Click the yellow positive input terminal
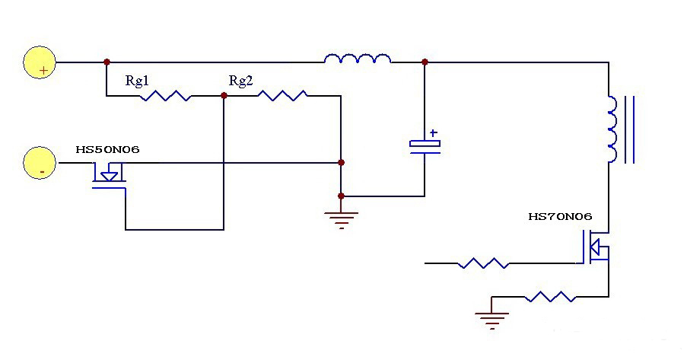coord(39,62)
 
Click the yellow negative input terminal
coord(39,164)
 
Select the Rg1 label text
coord(138,80)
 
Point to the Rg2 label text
coord(240,80)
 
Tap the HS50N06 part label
coord(107,149)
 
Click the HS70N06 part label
coord(560,217)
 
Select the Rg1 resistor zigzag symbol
coord(167,96)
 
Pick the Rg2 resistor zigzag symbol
coord(282,96)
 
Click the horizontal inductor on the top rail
coord(357,59)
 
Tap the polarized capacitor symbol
coord(425,146)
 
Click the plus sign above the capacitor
coord(433,132)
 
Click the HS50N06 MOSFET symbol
coord(109,178)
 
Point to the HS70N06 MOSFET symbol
coord(596,248)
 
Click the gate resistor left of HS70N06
coord(483,263)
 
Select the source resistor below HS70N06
coord(550,296)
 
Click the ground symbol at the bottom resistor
coord(492,320)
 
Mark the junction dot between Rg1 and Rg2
coord(224,96)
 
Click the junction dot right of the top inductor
coord(425,62)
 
